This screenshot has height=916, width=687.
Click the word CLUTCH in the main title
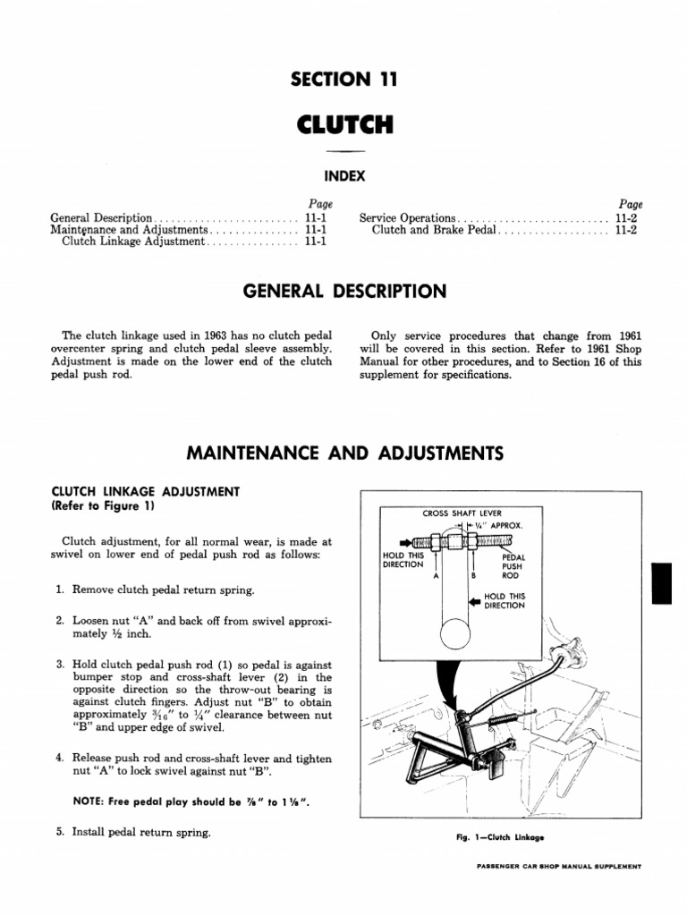click(x=343, y=124)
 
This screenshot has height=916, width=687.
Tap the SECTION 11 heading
click(x=343, y=81)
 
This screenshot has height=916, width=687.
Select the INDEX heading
click(x=343, y=176)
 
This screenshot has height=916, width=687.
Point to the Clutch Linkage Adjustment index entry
click(x=134, y=242)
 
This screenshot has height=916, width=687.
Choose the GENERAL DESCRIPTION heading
click(x=343, y=292)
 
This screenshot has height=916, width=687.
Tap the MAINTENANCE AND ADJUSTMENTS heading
click(x=343, y=454)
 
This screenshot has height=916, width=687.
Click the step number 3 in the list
click(x=59, y=664)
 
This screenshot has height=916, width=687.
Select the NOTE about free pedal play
click(x=179, y=801)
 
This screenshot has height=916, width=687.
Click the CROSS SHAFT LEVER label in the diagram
click(x=462, y=513)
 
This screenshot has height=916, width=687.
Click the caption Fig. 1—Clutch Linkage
click(x=500, y=838)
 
